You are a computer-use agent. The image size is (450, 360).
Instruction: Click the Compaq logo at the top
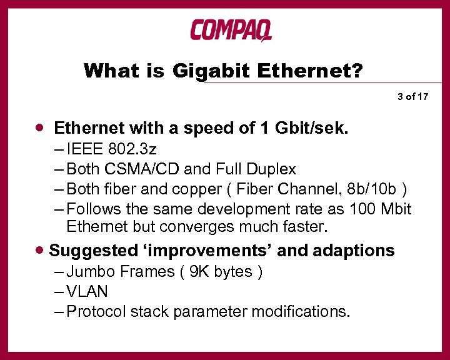click(x=231, y=29)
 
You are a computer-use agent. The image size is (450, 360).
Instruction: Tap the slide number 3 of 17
click(x=412, y=96)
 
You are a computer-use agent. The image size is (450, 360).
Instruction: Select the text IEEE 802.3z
click(x=104, y=149)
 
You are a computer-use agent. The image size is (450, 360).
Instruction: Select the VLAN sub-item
click(x=87, y=291)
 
